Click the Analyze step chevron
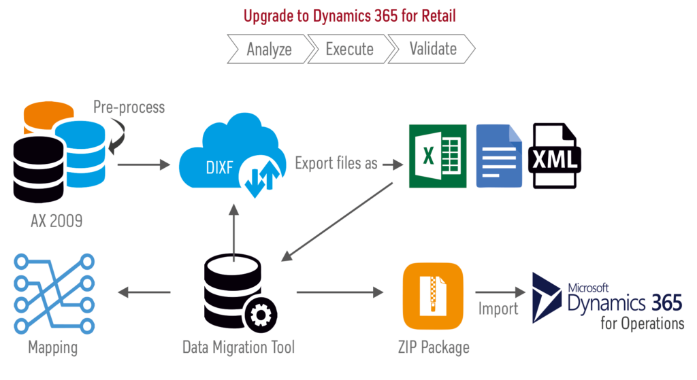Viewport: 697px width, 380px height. (269, 49)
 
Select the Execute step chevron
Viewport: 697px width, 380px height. (349, 49)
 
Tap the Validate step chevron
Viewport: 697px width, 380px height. (432, 49)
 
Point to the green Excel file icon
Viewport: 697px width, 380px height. (437, 156)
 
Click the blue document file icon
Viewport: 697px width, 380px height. (499, 156)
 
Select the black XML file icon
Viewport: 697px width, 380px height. (556, 156)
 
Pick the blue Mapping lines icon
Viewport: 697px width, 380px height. (53, 292)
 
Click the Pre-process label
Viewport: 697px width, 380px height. (129, 107)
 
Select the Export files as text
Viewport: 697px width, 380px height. (336, 164)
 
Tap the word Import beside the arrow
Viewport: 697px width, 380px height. (498, 309)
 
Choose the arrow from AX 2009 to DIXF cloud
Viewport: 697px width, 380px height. (143, 164)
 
